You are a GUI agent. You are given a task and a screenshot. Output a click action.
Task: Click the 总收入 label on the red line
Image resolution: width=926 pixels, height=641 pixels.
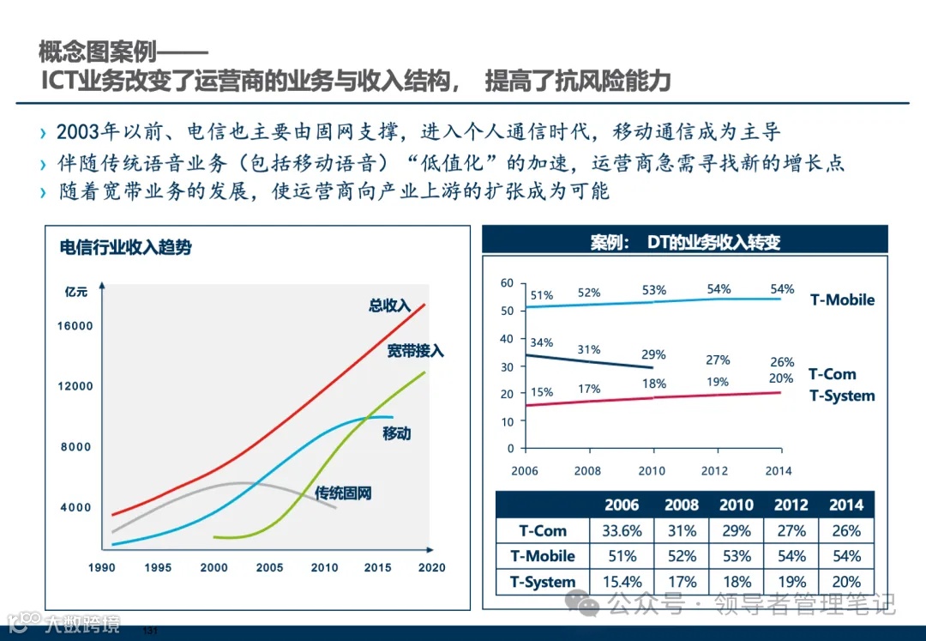tap(390, 305)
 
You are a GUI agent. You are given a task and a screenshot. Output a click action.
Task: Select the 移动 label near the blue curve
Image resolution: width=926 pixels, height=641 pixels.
tap(396, 433)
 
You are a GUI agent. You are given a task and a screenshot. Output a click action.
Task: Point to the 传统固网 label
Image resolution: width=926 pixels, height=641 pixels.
tap(343, 493)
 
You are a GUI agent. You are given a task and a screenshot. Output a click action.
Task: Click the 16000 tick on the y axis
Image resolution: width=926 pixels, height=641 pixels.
tap(75, 326)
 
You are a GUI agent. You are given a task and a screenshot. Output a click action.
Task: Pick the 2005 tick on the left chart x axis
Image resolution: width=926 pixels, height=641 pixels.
tap(269, 567)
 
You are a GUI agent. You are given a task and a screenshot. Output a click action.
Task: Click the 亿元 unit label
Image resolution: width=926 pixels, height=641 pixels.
tap(76, 292)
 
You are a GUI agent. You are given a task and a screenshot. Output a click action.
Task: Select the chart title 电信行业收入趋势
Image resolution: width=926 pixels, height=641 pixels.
tap(125, 248)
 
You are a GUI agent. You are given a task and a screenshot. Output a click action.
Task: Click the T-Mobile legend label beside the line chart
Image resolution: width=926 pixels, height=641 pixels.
tap(842, 299)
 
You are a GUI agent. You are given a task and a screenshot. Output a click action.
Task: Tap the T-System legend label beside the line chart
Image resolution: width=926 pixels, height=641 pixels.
tap(842, 396)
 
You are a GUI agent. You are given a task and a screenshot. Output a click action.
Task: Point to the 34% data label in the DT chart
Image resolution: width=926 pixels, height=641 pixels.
tap(541, 342)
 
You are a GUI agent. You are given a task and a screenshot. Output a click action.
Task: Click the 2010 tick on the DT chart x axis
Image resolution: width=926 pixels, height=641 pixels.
tap(652, 470)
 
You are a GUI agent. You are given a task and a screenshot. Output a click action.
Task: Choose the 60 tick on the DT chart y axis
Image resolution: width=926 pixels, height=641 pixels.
tap(507, 283)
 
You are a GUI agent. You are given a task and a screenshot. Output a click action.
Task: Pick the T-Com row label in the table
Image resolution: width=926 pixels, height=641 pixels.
tap(543, 530)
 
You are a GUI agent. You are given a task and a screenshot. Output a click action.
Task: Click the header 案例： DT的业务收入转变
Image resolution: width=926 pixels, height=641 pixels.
tap(685, 242)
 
